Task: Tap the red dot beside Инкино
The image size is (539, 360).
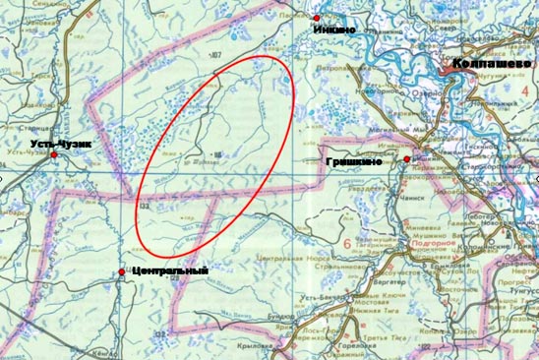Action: pos(317,18)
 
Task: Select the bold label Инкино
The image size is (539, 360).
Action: pos(333,30)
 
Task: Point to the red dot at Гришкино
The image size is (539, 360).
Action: pos(406,159)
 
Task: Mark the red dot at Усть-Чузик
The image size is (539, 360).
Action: pos(55,154)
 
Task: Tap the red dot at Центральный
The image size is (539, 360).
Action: pos(122,271)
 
